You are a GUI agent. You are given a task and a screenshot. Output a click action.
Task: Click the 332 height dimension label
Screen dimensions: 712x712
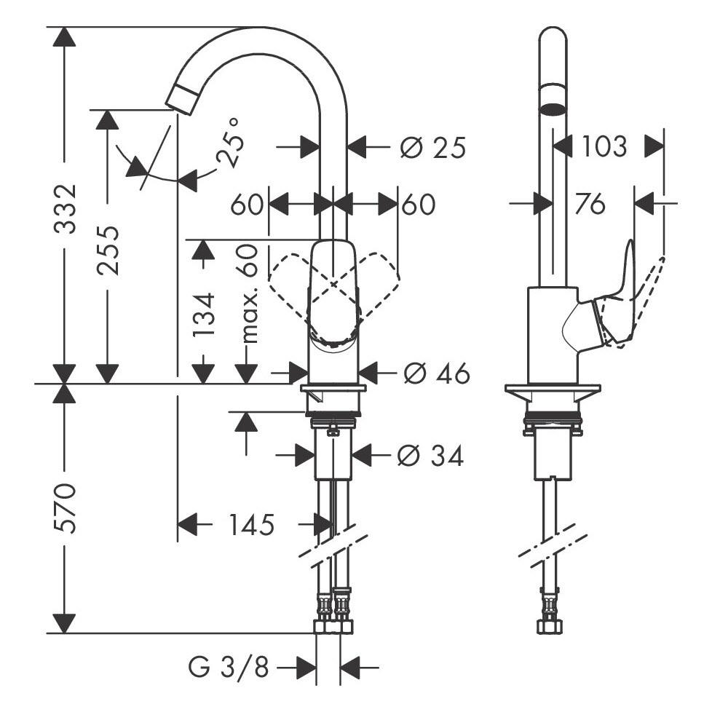click(64, 209)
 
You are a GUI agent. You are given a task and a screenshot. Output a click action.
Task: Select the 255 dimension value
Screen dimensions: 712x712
click(108, 250)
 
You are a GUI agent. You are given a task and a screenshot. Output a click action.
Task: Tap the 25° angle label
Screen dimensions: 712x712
click(229, 142)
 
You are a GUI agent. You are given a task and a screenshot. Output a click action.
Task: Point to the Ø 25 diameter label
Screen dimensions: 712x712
click(433, 148)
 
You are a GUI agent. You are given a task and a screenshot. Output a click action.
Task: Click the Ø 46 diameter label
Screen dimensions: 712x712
click(436, 373)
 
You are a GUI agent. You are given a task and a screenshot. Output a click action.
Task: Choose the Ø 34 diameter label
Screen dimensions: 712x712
click(430, 456)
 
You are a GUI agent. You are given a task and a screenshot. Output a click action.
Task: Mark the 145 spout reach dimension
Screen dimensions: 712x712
click(251, 525)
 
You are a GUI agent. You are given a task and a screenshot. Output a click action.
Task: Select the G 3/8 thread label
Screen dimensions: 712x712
click(229, 667)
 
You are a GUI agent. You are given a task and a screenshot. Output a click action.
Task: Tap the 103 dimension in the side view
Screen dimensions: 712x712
click(604, 146)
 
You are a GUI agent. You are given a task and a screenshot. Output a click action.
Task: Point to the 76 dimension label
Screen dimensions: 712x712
click(590, 203)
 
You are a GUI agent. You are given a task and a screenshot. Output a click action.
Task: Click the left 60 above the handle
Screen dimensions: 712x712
click(247, 204)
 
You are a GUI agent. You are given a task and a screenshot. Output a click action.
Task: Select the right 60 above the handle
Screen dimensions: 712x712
click(419, 204)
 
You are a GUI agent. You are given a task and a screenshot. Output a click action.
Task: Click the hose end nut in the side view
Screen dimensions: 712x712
click(550, 627)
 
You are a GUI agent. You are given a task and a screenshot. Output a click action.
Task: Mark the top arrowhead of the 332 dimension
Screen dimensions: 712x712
click(64, 37)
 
